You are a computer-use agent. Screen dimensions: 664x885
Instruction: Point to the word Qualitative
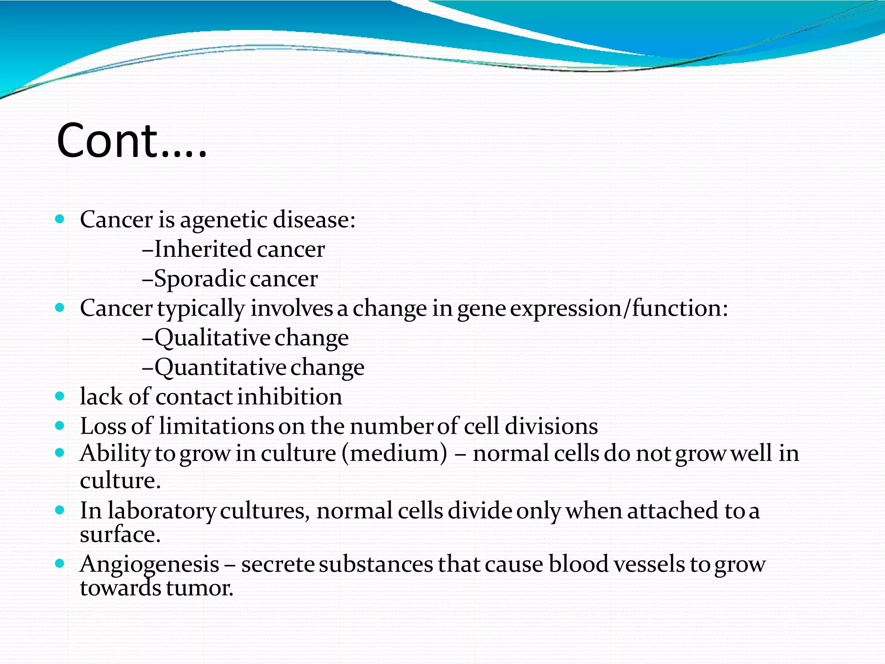tap(213, 338)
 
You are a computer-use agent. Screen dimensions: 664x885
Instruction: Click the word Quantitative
tap(220, 367)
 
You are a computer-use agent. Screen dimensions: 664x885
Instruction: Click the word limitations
tap(216, 426)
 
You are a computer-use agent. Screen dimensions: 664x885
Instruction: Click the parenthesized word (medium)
tap(394, 454)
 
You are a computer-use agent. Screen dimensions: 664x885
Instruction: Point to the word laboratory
tap(161, 511)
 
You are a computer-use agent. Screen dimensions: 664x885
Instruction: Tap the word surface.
tap(120, 535)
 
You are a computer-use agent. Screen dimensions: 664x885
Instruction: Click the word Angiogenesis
tap(150, 565)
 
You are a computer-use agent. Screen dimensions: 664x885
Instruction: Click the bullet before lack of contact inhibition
tap(60, 396)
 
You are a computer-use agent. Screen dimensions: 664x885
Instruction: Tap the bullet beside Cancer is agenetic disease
tap(60, 219)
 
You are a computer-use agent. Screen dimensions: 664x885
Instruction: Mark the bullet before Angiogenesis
tap(60, 564)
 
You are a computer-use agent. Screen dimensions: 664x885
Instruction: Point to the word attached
tap(673, 511)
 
